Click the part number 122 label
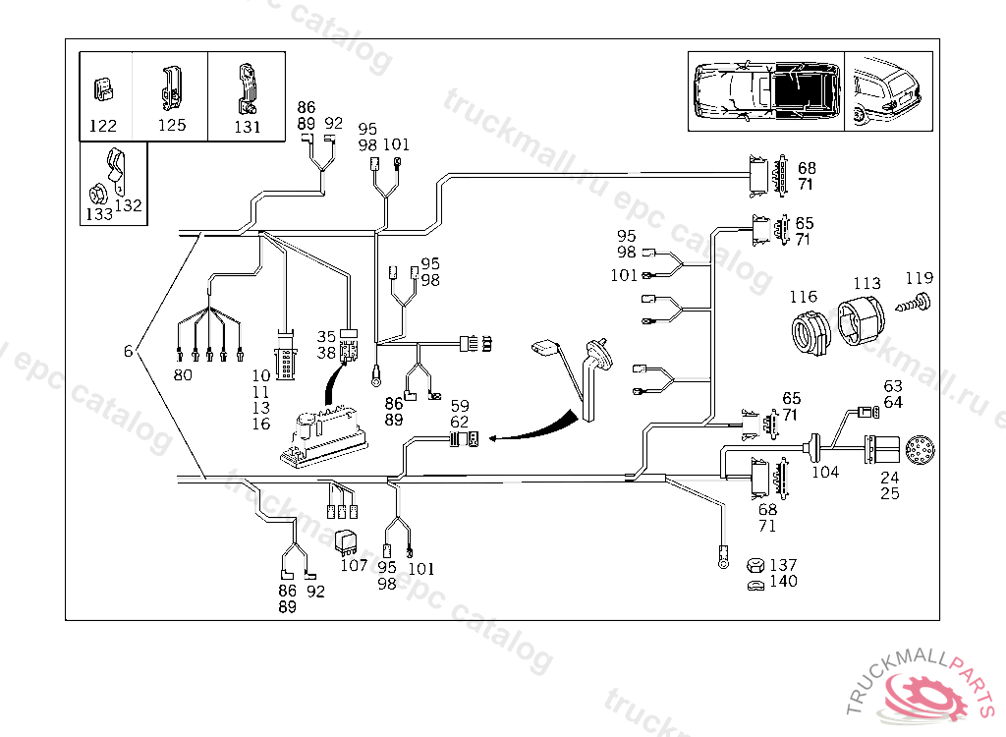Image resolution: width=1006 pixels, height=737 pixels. pyautogui.click(x=103, y=126)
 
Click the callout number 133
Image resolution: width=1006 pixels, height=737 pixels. pyautogui.click(x=99, y=213)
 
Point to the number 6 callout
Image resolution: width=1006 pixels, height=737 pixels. pyautogui.click(x=127, y=352)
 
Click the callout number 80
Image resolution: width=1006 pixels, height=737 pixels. pyautogui.click(x=184, y=374)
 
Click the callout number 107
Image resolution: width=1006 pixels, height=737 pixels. pyautogui.click(x=354, y=565)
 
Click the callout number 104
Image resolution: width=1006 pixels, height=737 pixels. pyautogui.click(x=825, y=472)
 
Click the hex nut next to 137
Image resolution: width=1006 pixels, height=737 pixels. pyautogui.click(x=754, y=566)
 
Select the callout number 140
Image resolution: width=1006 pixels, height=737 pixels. pyautogui.click(x=784, y=582)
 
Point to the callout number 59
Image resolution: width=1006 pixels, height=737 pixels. pyautogui.click(x=460, y=405)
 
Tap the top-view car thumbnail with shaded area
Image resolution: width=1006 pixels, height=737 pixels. pyautogui.click(x=765, y=91)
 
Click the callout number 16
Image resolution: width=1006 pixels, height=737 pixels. pyautogui.click(x=260, y=424)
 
